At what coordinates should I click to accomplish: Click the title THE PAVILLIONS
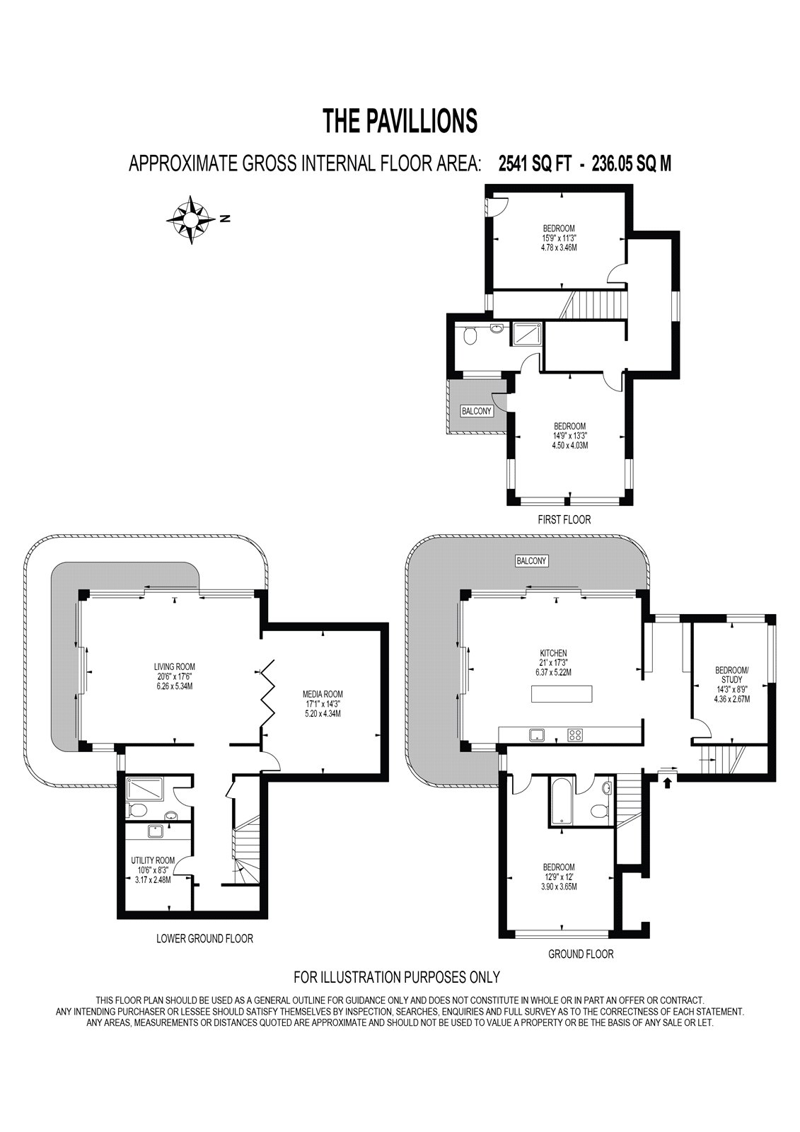400,121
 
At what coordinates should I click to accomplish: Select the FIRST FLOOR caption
564,519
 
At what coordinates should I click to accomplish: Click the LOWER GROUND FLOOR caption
204,939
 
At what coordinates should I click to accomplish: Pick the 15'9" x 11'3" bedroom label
559,238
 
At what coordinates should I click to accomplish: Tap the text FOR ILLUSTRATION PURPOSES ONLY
397,977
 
